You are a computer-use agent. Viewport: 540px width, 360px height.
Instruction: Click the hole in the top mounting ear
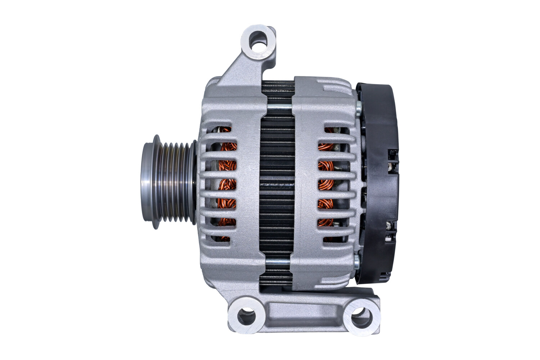pos(258,39)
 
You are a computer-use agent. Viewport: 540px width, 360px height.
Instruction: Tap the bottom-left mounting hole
pos(247,316)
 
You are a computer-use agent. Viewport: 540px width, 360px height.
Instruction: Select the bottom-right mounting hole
pos(360,316)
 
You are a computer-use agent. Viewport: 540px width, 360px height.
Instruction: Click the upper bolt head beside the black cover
pos(357,107)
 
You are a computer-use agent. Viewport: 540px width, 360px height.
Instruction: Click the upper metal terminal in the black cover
pos(390,166)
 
